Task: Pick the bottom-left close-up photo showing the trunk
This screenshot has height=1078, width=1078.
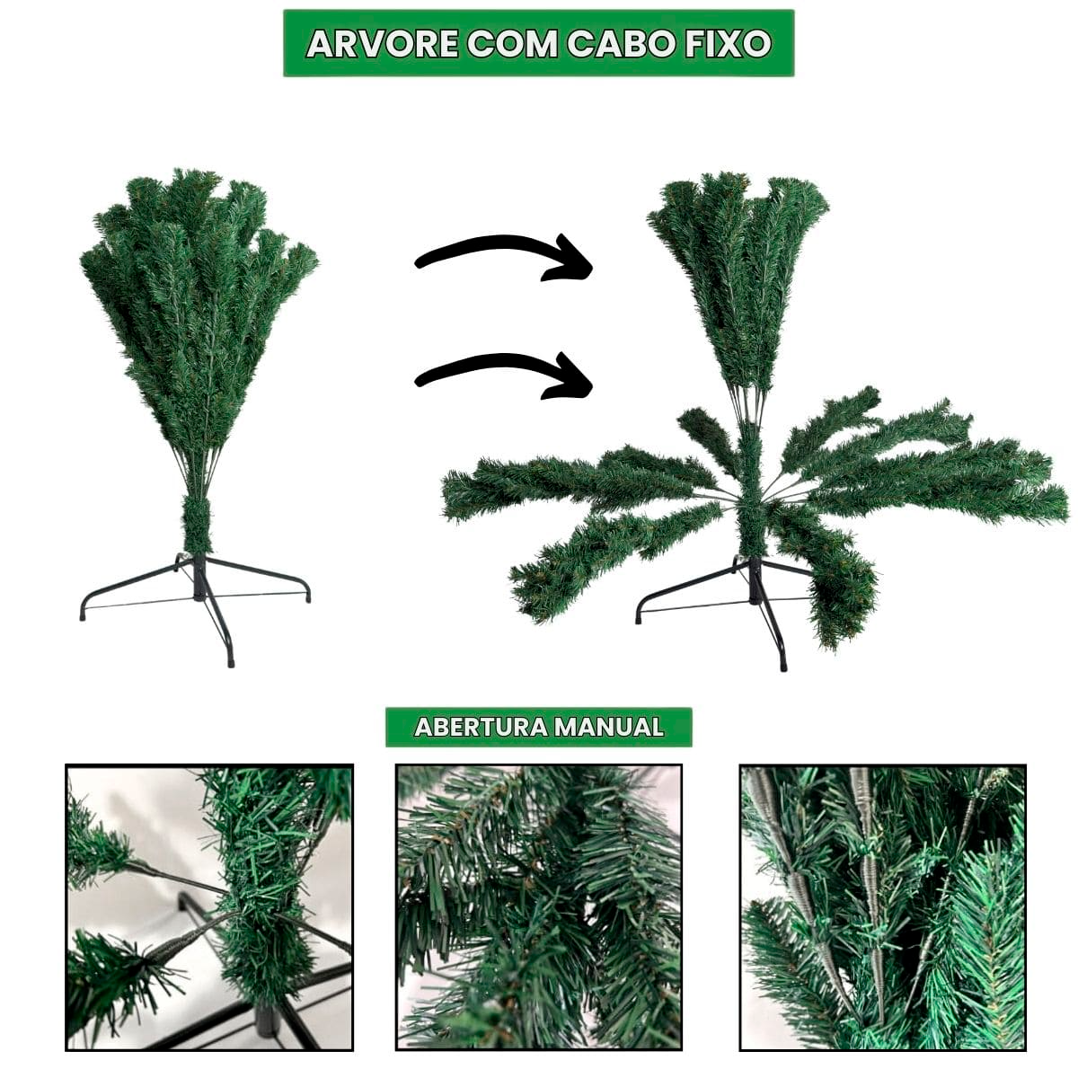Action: point(208,907)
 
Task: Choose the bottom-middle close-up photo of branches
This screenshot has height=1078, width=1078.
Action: point(539,907)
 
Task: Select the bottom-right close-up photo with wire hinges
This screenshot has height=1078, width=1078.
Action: point(882,907)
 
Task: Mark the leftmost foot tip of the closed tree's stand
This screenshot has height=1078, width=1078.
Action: point(84,616)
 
